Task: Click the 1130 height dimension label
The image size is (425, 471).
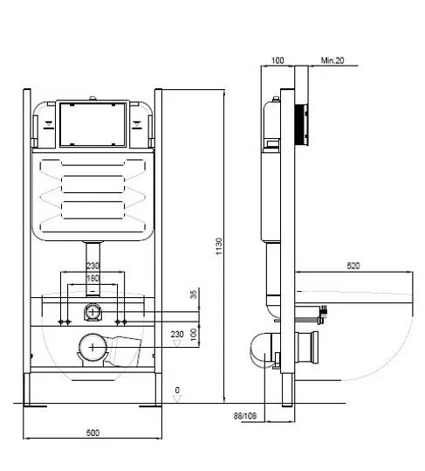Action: tap(219, 246)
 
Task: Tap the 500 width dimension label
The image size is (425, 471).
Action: tap(93, 433)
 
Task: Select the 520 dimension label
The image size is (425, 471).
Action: tap(353, 266)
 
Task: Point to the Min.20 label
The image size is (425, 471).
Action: tap(332, 60)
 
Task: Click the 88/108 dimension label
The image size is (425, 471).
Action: tap(245, 416)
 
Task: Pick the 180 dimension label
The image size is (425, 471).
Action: tap(93, 279)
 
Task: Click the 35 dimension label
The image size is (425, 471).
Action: tap(195, 294)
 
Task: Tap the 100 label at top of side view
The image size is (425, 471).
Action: tap(278, 60)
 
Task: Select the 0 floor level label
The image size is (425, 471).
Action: tap(177, 390)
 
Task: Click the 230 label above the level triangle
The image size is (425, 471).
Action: tap(177, 334)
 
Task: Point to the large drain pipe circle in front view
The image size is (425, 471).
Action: tap(93, 347)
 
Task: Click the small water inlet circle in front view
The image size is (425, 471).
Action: tap(93, 312)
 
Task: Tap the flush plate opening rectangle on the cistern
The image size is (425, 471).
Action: tap(93, 124)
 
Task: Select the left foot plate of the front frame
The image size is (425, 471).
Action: tap(36, 406)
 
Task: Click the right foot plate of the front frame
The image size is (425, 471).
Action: tap(150, 406)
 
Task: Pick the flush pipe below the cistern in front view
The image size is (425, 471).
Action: tap(93, 269)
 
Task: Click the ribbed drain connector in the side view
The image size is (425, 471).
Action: tap(306, 348)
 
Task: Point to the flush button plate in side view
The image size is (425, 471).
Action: tap(302, 124)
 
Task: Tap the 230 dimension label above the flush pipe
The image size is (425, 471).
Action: tap(93, 266)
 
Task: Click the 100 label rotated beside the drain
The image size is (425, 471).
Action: tap(195, 335)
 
